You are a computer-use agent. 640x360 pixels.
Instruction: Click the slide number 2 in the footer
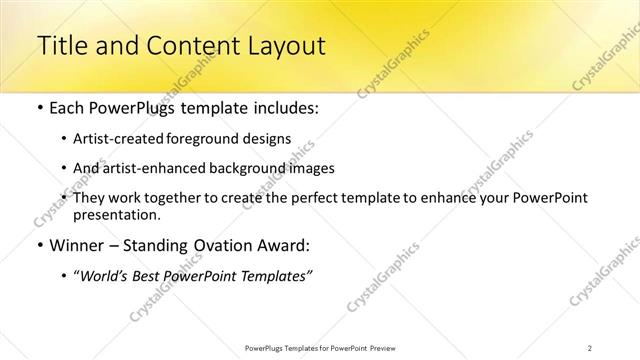tap(590, 347)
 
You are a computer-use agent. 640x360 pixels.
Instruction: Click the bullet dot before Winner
tap(39, 245)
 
